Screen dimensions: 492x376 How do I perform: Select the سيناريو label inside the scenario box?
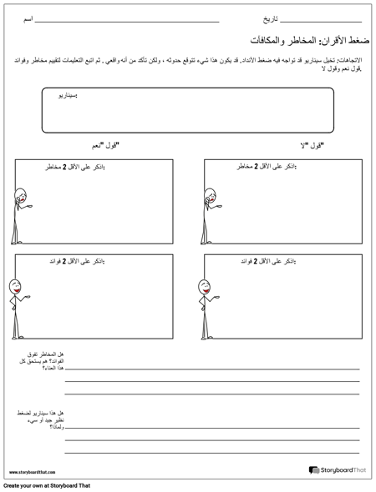tap(88, 97)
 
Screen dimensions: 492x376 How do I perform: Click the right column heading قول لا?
tap(310, 146)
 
